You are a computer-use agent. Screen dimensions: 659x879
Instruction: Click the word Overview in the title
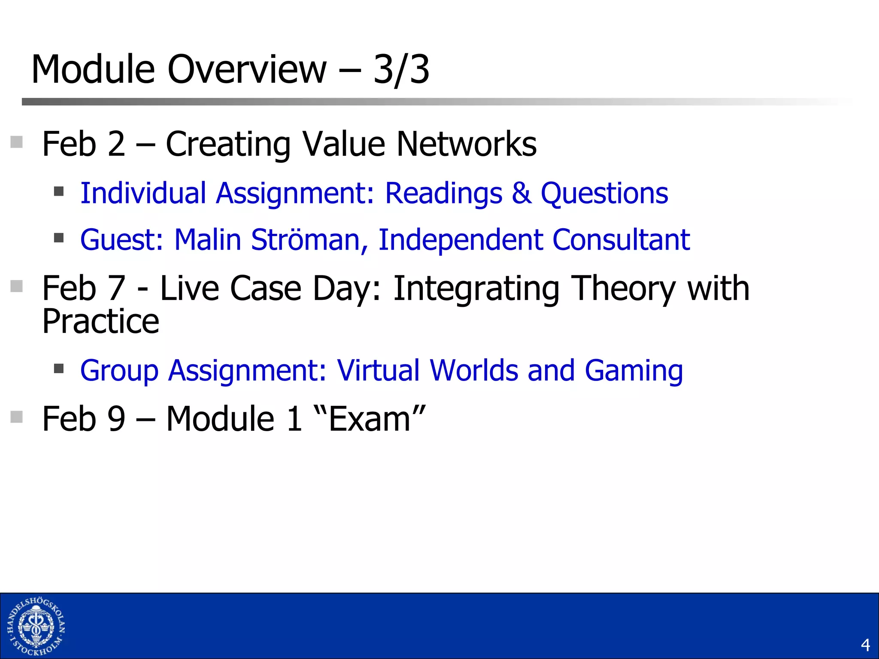point(247,70)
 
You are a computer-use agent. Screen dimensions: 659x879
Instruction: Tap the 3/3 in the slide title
point(401,70)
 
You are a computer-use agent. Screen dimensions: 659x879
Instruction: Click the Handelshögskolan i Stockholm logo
point(36,626)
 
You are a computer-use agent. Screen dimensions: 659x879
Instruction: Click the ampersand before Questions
point(521,193)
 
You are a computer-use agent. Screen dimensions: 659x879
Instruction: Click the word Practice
point(100,322)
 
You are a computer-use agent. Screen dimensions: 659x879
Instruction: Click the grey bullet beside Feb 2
point(16,142)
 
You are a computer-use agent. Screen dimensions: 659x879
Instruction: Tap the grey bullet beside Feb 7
point(16,286)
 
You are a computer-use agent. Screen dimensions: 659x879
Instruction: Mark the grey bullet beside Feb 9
point(16,417)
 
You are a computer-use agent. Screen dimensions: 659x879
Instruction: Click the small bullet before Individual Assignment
point(59,191)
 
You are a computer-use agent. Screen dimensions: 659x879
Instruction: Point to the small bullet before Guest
point(59,237)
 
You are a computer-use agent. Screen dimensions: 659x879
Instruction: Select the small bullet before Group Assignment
point(59,368)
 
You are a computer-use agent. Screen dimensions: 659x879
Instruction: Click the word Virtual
point(378,370)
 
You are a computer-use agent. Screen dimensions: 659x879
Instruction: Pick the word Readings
point(443,193)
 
